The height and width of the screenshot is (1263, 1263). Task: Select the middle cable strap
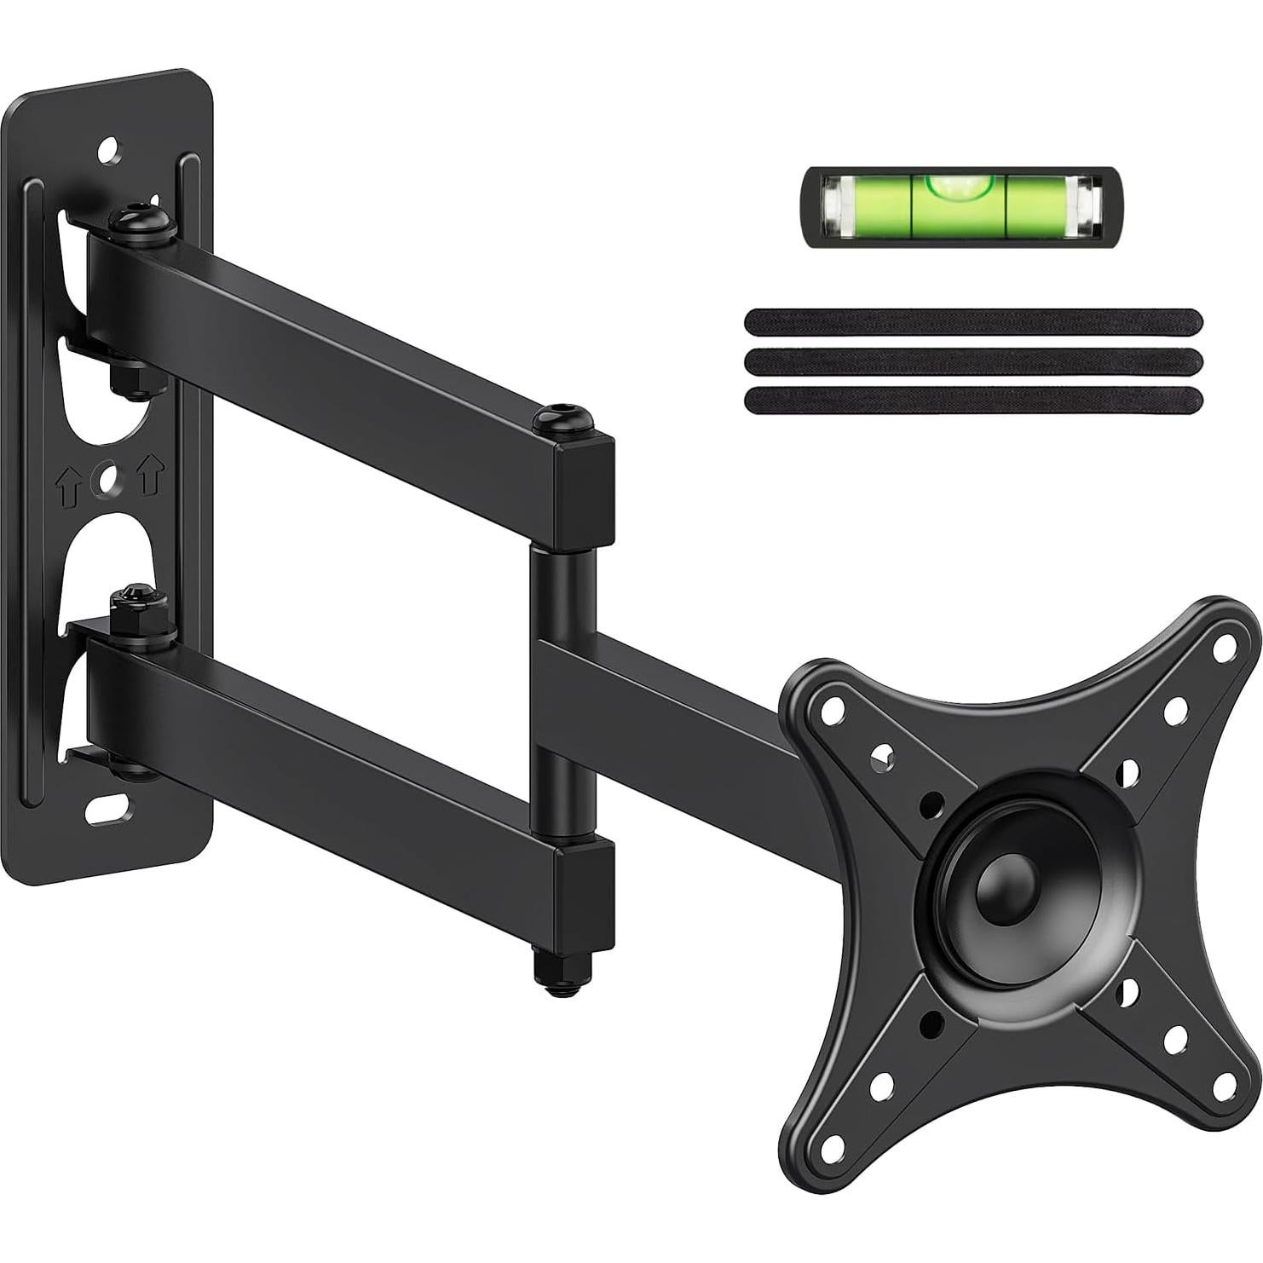[972, 360]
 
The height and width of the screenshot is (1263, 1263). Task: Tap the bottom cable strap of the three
[972, 400]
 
